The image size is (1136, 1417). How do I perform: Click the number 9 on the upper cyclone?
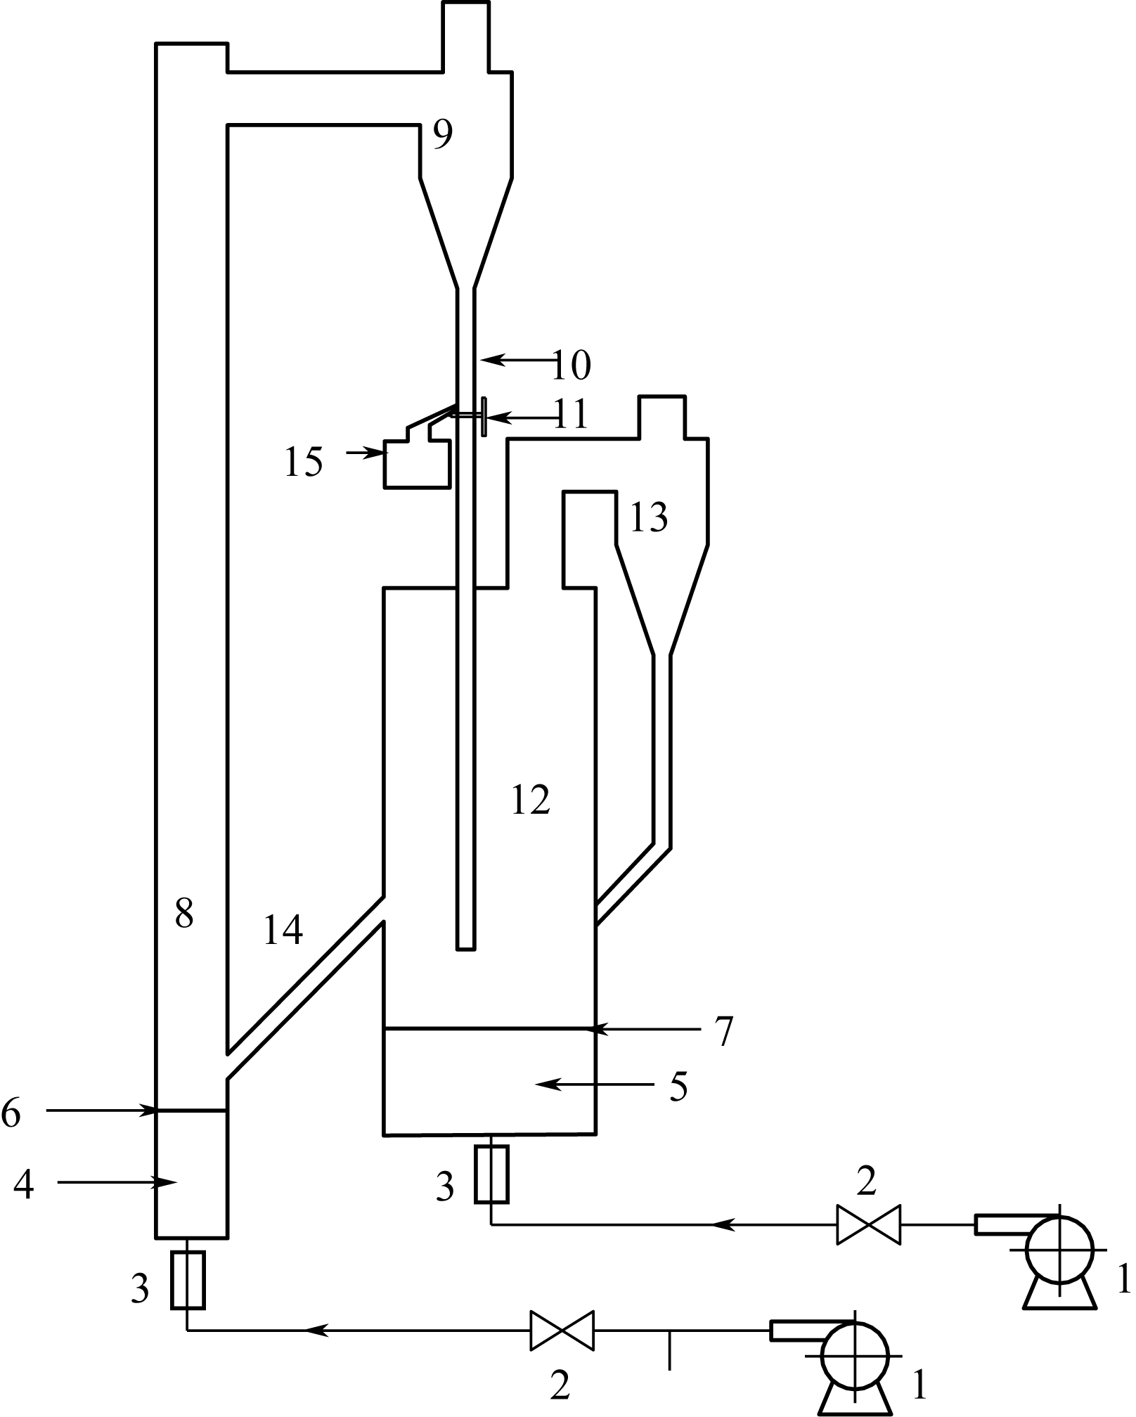[442, 135]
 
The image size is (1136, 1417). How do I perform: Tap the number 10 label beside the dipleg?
[571, 365]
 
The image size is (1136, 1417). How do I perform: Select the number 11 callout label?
[570, 415]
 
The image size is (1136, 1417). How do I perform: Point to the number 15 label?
[304, 462]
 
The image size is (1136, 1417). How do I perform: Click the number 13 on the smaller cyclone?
[648, 518]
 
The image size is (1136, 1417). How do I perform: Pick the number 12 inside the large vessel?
[530, 799]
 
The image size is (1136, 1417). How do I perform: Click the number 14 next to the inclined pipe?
[283, 929]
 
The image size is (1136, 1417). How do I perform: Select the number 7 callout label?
[723, 1030]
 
